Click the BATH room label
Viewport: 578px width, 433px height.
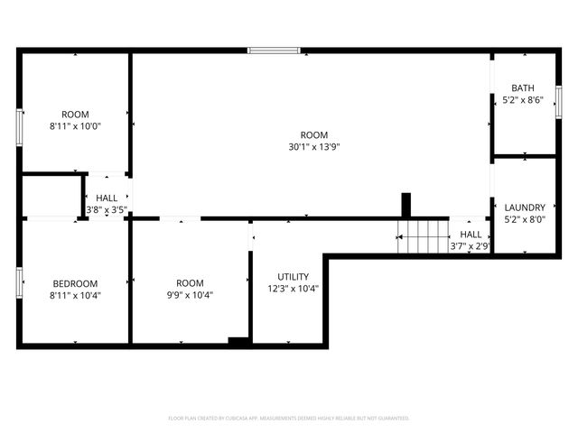click(x=523, y=88)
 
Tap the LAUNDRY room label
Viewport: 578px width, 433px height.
click(x=525, y=207)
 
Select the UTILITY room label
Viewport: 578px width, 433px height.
click(x=294, y=277)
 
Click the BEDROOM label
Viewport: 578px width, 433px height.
click(x=74, y=283)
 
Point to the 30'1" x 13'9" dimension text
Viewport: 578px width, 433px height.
click(x=313, y=146)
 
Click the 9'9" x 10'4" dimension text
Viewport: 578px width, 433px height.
click(x=190, y=295)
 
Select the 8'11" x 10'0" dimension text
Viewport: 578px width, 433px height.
click(x=75, y=126)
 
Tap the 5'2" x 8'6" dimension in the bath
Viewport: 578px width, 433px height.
click(x=523, y=100)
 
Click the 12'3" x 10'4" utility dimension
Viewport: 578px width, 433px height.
click(x=294, y=290)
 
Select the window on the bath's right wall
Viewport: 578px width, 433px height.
click(x=558, y=101)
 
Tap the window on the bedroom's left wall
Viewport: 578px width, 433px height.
click(x=19, y=281)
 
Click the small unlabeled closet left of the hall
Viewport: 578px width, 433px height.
click(x=50, y=196)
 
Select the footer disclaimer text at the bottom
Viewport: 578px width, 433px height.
click(x=289, y=419)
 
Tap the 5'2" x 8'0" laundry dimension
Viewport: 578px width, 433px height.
click(x=525, y=219)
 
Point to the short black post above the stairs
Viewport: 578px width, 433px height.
click(x=406, y=205)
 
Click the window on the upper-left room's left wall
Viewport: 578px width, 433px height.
click(x=19, y=127)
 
